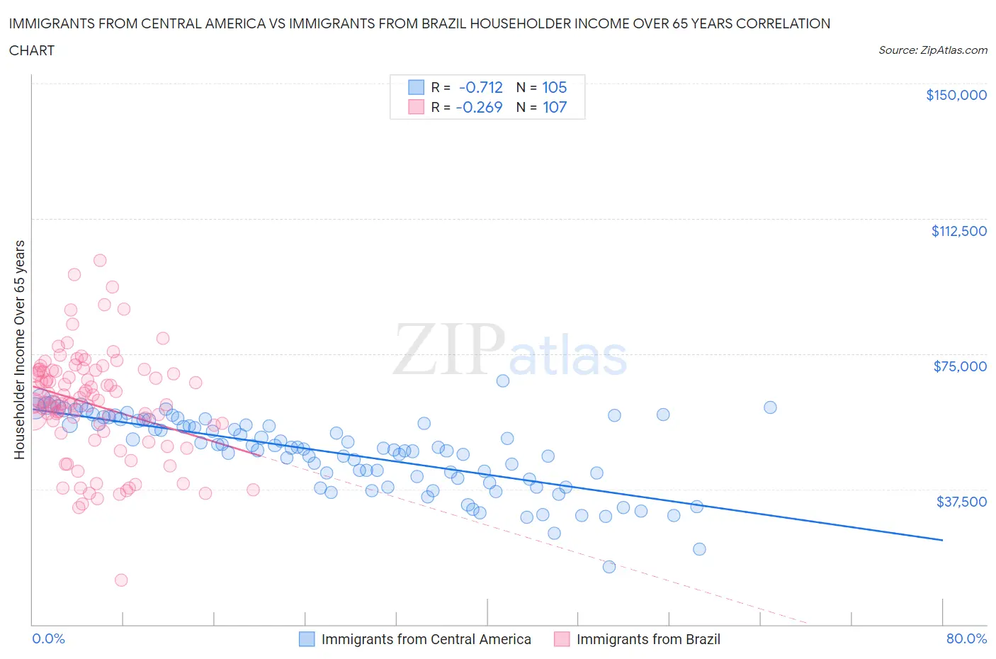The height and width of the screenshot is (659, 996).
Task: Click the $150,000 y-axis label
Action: coord(956,95)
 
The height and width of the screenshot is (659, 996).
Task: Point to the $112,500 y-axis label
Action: coord(958,231)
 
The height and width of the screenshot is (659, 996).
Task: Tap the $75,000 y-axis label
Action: coord(959,366)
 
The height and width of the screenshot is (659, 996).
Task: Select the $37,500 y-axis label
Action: coord(961,502)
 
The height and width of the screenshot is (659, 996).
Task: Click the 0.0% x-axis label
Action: coord(48,638)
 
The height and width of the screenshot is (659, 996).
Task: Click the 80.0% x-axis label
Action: coord(966,638)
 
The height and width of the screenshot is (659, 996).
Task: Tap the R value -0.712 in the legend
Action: coord(480,87)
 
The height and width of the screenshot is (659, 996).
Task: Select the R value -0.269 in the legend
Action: coord(479,107)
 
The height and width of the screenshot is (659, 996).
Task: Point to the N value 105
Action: coord(554,87)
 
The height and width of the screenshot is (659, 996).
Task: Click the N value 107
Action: coord(554,107)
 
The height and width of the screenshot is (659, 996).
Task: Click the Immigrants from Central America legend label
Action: coord(426,639)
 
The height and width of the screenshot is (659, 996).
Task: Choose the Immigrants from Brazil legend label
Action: coord(647,639)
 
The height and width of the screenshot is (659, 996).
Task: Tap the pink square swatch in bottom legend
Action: coord(562,639)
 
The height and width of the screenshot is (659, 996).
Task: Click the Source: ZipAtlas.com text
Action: coord(932,50)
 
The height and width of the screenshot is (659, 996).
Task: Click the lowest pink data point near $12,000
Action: coord(121,580)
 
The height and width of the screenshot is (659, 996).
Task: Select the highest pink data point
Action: coord(100,260)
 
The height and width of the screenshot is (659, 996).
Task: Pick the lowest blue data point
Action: coord(609,566)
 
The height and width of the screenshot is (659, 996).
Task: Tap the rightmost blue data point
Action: coord(770,407)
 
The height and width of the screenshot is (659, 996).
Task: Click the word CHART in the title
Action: coord(32,50)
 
